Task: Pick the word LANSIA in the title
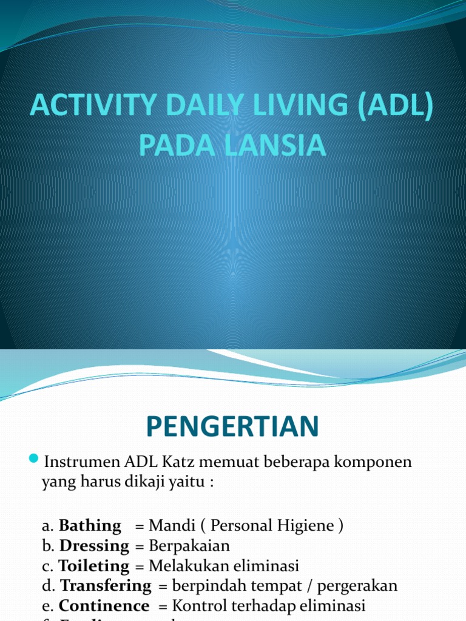tap(279, 146)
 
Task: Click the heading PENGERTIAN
tap(232, 428)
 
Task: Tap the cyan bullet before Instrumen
tap(33, 457)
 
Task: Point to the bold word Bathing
tap(90, 526)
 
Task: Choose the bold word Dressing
tap(94, 546)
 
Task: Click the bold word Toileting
tap(94, 566)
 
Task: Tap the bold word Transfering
tap(106, 586)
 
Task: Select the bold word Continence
tap(104, 606)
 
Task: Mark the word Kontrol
tap(197, 606)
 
